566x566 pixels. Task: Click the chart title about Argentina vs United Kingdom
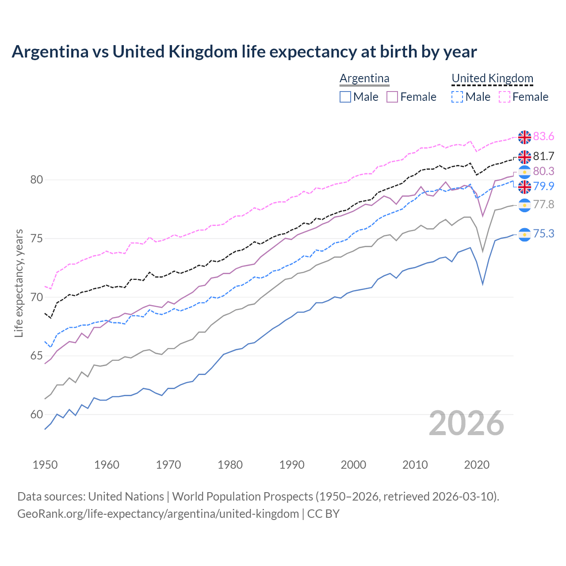(x=244, y=52)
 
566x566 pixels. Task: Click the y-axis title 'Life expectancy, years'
(x=19, y=283)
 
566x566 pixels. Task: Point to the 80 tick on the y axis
(x=37, y=180)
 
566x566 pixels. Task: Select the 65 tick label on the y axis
(x=37, y=356)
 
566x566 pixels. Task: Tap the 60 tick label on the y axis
(x=37, y=414)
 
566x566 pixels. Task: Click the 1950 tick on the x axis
(x=45, y=465)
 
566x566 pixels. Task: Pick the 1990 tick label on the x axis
(x=292, y=465)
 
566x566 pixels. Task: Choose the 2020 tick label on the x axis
(x=477, y=465)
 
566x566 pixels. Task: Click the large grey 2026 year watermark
(x=466, y=423)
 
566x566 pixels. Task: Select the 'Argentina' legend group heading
(x=364, y=79)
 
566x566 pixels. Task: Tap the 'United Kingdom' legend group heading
(x=492, y=79)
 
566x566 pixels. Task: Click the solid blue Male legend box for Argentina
(x=345, y=97)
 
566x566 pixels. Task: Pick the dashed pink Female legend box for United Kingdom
(x=505, y=97)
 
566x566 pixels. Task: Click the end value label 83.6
(x=543, y=137)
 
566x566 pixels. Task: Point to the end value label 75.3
(x=543, y=233)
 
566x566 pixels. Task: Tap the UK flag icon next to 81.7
(x=524, y=157)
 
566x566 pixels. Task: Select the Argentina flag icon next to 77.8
(x=524, y=205)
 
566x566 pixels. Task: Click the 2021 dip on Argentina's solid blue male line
(x=482, y=283)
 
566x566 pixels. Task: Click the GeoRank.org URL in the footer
(x=158, y=514)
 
